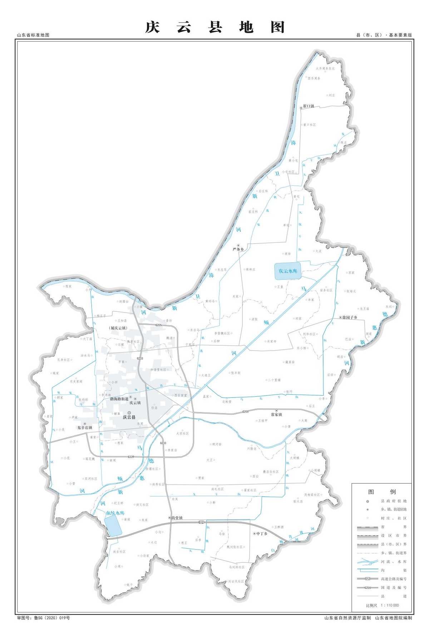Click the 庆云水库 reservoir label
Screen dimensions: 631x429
(x=288, y=271)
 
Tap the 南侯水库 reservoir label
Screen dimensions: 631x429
(x=115, y=513)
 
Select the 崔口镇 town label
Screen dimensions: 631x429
(x=308, y=106)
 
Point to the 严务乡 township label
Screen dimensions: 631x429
(x=238, y=249)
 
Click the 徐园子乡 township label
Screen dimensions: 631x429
(x=350, y=317)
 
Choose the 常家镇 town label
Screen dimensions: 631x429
(x=276, y=415)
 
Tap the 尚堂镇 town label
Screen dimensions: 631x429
(x=177, y=518)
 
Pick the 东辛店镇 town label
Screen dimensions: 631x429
(x=85, y=427)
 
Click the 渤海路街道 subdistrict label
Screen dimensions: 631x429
(x=119, y=399)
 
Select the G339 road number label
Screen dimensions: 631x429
(x=131, y=457)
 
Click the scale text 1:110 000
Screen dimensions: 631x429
(x=390, y=605)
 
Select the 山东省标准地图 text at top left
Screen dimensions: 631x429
(x=33, y=35)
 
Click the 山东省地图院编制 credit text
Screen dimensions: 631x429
(x=394, y=618)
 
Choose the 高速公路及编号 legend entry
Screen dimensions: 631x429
(x=394, y=579)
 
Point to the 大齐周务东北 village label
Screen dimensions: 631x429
(x=325, y=69)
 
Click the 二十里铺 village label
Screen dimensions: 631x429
(x=274, y=380)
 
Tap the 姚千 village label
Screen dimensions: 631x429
(x=129, y=585)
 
